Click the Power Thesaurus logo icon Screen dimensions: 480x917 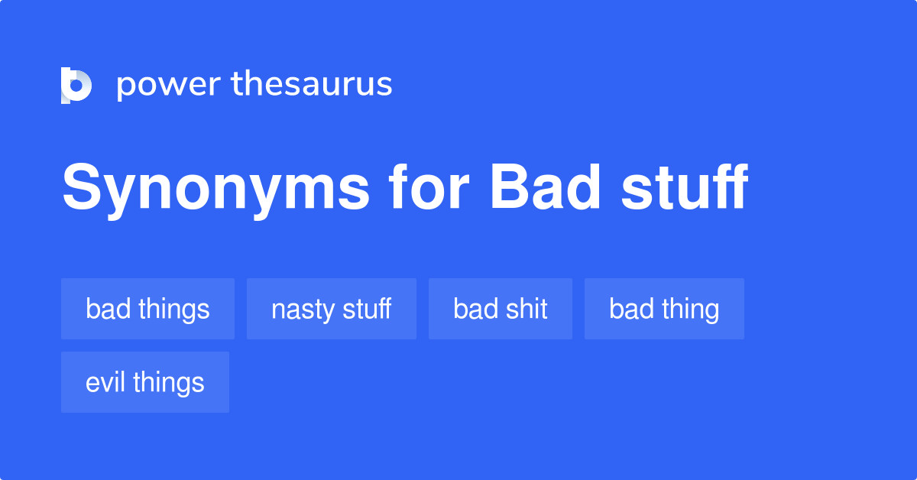(76, 85)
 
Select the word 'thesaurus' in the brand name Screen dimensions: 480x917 (312, 85)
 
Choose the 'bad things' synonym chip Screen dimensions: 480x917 (147, 309)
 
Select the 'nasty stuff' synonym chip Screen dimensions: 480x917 (331, 309)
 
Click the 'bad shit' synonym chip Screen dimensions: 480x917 (500, 309)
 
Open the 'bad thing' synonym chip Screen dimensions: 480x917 (664, 309)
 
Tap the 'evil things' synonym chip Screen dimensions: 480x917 (144, 382)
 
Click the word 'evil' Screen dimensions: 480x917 (105, 382)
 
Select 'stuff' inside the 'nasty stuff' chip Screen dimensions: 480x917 (367, 309)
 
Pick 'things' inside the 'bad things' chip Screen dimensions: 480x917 (174, 310)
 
